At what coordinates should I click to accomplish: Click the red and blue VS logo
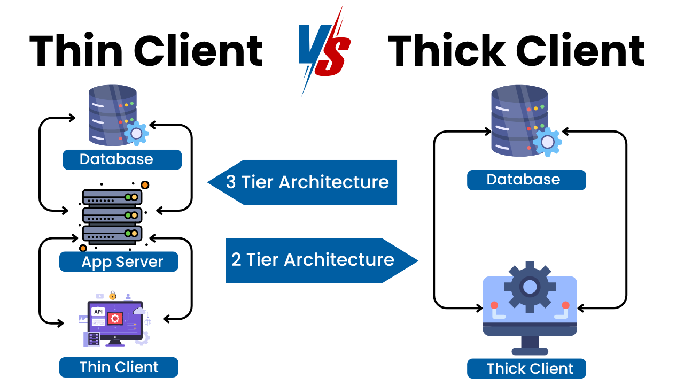[324, 51]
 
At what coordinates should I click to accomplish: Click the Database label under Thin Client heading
[122, 159]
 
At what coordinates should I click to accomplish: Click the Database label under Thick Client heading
[526, 180]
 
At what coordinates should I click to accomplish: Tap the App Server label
[119, 262]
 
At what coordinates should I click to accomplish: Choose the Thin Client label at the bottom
[119, 367]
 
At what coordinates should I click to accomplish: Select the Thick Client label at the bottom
[526, 368]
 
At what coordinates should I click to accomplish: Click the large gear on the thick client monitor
[530, 287]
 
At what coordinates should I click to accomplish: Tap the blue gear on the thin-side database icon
[137, 133]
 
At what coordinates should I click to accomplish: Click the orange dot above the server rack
[145, 185]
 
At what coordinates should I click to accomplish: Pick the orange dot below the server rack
[83, 248]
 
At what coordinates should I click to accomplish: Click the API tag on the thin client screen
[98, 312]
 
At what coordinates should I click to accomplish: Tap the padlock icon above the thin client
[113, 295]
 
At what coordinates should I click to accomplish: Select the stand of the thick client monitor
[530, 345]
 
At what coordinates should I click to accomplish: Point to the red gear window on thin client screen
[115, 319]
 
